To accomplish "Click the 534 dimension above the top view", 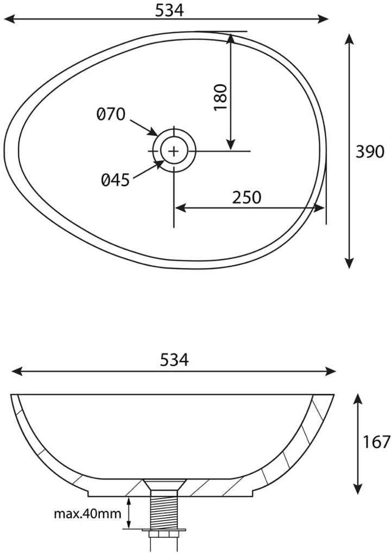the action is (x=170, y=10).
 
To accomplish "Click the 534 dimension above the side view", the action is (x=174, y=360).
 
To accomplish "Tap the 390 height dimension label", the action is (x=369, y=151).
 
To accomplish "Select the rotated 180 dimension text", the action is (x=220, y=97).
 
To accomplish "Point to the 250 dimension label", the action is (x=246, y=198).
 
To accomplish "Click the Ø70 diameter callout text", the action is (x=111, y=115).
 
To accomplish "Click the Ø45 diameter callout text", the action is (x=116, y=180).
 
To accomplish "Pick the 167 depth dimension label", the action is (x=376, y=442).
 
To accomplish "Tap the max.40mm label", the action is (x=87, y=513).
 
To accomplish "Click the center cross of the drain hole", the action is (x=174, y=151).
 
